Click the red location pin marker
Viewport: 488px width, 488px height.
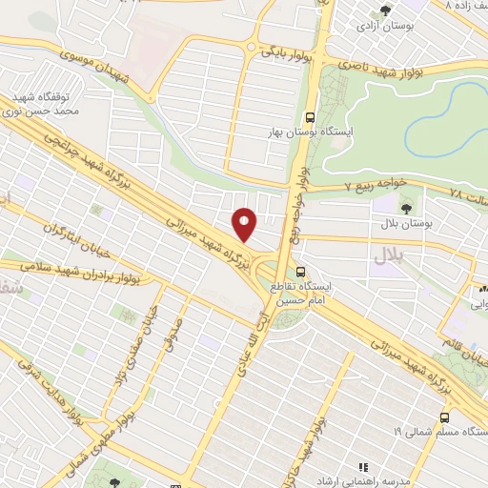click(245, 224)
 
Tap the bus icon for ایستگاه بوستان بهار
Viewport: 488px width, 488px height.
click(308, 118)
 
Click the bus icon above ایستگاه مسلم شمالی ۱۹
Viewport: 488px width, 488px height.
click(446, 418)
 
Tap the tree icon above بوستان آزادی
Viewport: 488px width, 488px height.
click(386, 10)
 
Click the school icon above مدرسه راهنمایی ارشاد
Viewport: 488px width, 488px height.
click(362, 467)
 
